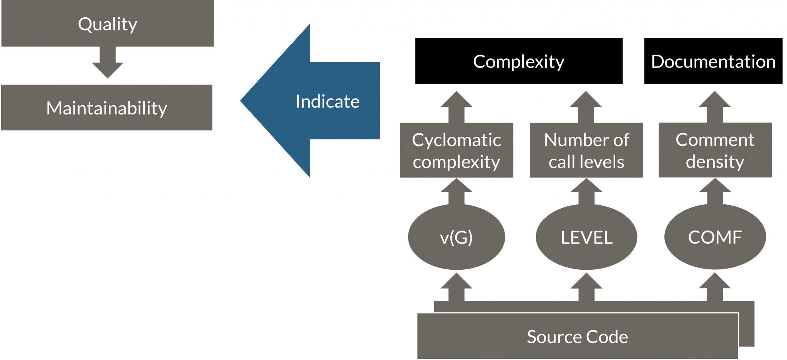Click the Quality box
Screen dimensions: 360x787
coord(108,24)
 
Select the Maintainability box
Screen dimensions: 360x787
coord(107,108)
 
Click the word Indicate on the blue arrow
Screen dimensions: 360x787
coord(327,101)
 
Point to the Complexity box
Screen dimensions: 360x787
coord(519,61)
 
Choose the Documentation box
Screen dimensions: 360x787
coord(713,61)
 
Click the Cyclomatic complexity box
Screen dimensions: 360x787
coord(457,151)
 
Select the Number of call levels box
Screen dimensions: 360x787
coord(586,151)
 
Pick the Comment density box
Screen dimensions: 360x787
coord(715,150)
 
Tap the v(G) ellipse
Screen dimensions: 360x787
coord(457,237)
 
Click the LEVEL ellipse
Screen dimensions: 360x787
coord(586,237)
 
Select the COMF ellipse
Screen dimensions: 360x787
coord(715,237)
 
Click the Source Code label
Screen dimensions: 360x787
coord(577,337)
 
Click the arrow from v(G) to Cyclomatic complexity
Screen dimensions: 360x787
coord(457,192)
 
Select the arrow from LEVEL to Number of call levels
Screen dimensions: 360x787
coord(587,192)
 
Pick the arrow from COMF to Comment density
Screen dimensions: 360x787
coord(715,192)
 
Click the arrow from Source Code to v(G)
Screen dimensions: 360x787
coord(457,287)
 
